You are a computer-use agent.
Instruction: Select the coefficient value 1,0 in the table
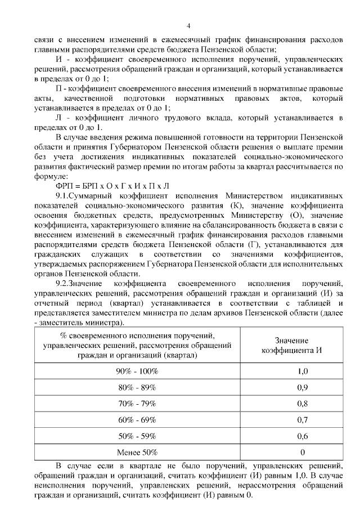tap(302, 371)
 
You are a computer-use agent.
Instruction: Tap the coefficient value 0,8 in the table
tap(302, 404)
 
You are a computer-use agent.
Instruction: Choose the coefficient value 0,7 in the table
tap(302, 419)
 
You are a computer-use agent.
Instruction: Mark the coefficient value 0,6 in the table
tap(302, 436)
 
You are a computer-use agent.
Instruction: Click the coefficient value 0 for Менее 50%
tap(302, 452)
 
